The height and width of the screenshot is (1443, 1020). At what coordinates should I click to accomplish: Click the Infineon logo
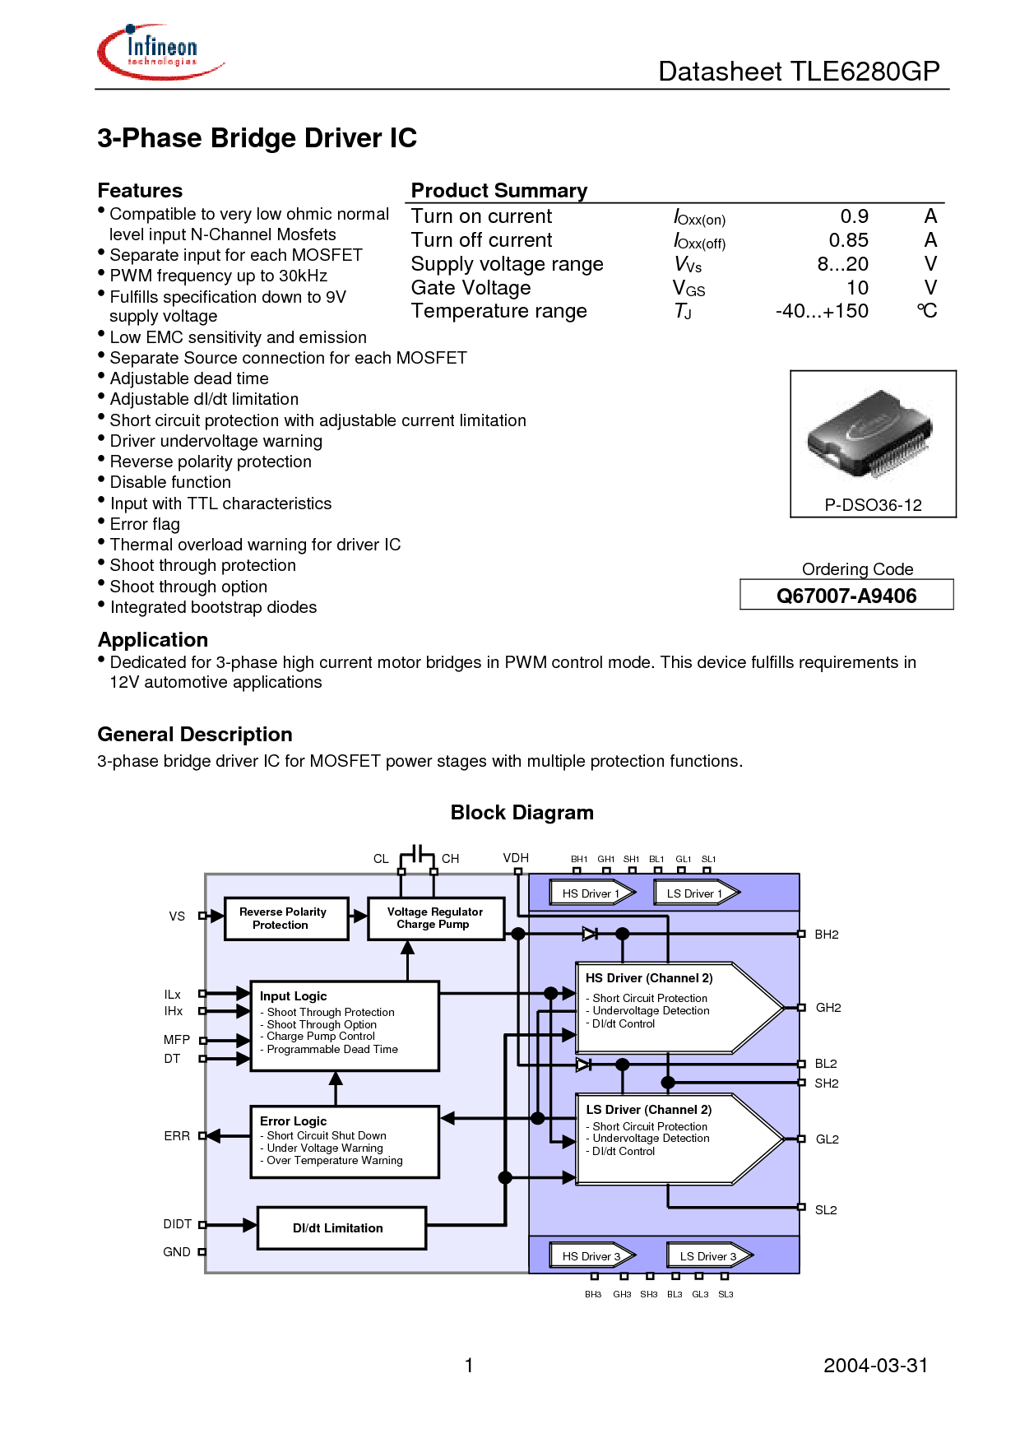point(160,52)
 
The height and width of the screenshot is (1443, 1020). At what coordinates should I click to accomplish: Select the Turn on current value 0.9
point(854,216)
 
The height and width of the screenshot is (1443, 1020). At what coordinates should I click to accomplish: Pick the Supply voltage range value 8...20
point(842,264)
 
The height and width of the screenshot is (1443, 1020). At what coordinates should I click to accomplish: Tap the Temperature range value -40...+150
point(822,311)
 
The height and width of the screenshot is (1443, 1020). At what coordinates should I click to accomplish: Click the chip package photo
point(869,434)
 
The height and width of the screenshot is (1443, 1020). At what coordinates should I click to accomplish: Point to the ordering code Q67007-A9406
point(846,596)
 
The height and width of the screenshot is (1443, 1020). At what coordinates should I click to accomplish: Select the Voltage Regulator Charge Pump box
point(436,918)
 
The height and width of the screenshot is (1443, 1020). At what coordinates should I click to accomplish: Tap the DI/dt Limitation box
point(341,1228)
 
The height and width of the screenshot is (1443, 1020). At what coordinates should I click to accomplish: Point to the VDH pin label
point(516,858)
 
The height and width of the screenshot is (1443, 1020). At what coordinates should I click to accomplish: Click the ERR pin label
point(177,1136)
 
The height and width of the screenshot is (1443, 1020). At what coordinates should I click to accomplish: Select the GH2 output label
point(828,1008)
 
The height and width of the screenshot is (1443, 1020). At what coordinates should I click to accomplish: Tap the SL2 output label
point(826,1210)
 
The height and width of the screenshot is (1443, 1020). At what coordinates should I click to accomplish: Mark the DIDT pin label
point(178,1224)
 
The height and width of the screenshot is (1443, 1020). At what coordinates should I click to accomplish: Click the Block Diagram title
point(522,813)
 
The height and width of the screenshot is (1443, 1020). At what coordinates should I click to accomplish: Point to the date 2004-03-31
point(876,1366)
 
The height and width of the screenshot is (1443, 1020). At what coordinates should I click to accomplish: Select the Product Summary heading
point(499,191)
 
